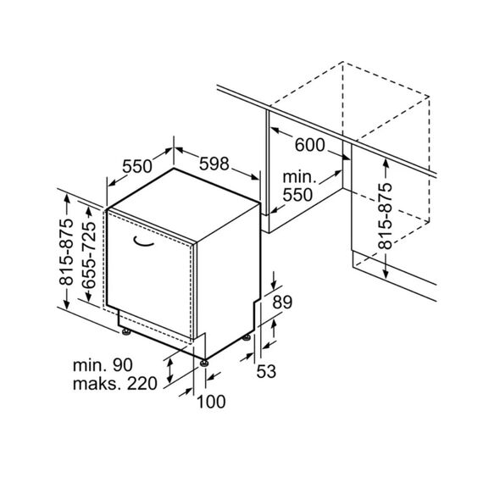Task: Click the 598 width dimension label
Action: pyautogui.click(x=214, y=164)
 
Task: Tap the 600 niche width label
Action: pyautogui.click(x=309, y=145)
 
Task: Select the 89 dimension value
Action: pyautogui.click(x=282, y=303)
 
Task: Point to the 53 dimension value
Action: pyautogui.click(x=266, y=371)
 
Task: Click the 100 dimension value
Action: pyautogui.click(x=211, y=402)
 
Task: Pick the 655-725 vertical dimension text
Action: pyautogui.click(x=89, y=255)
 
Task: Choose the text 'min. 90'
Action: pyautogui.click(x=103, y=365)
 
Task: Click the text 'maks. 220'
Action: pyautogui.click(x=115, y=384)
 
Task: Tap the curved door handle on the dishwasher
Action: pyautogui.click(x=143, y=241)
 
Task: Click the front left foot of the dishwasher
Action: pyautogui.click(x=126, y=332)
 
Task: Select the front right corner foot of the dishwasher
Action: pyautogui.click(x=204, y=364)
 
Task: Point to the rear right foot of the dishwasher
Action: pyautogui.click(x=247, y=338)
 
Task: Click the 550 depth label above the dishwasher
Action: pyautogui.click(x=137, y=166)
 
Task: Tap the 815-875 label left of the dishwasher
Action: pyautogui.click(x=67, y=252)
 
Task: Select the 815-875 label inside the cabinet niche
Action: pyautogui.click(x=386, y=216)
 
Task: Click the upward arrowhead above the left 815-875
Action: pyautogui.click(x=67, y=199)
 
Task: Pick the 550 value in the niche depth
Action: pyautogui.click(x=297, y=195)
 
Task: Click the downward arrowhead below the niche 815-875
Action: pyautogui.click(x=386, y=273)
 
